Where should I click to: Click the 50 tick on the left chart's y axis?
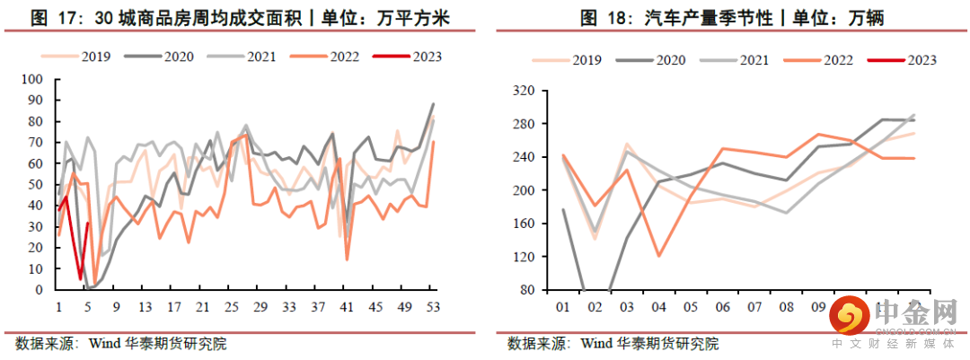[36, 185]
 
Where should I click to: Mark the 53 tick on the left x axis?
[433, 307]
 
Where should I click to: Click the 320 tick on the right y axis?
[523, 91]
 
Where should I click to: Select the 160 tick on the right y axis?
[523, 224]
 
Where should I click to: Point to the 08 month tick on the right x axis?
[786, 307]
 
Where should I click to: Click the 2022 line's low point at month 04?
[659, 256]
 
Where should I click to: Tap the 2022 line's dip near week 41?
[347, 259]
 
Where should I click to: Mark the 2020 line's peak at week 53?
[433, 104]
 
